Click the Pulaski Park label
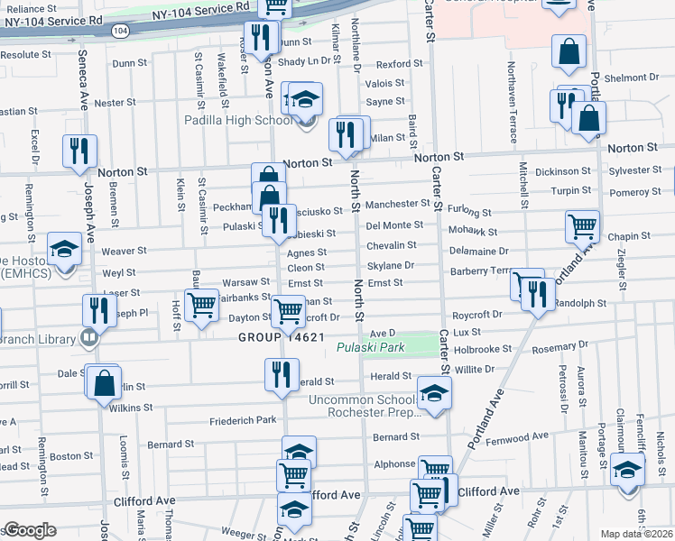pos(367,347)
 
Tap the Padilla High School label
pos(238,120)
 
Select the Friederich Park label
pos(243,420)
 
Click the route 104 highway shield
pos(119,30)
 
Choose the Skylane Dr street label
pos(390,266)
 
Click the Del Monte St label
pos(394,225)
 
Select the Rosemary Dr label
pos(559,345)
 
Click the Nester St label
pos(115,103)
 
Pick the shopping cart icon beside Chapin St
pos(582,226)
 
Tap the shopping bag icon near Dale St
pos(105,381)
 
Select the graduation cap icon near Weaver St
pos(64,250)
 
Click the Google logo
pos(30,530)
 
